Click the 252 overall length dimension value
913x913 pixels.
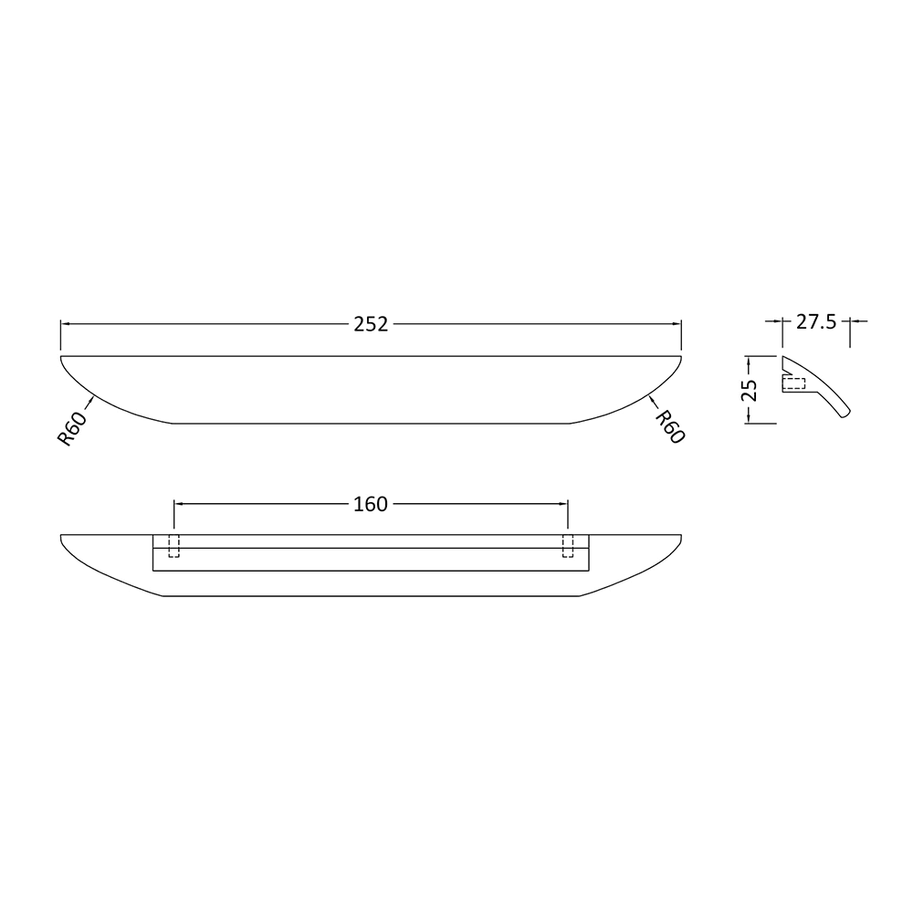[x=371, y=324]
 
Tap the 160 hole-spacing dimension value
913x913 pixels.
[x=371, y=504]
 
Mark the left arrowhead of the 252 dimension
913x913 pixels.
[x=65, y=323]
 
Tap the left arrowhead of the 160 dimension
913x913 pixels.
[x=179, y=503]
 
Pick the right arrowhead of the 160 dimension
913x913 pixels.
[x=563, y=503]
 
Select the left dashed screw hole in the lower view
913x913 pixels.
[x=175, y=545]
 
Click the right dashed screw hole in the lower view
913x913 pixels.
[x=568, y=545]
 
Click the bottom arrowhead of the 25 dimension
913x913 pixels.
[x=749, y=418]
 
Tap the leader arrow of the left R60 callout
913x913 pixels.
[x=92, y=399]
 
